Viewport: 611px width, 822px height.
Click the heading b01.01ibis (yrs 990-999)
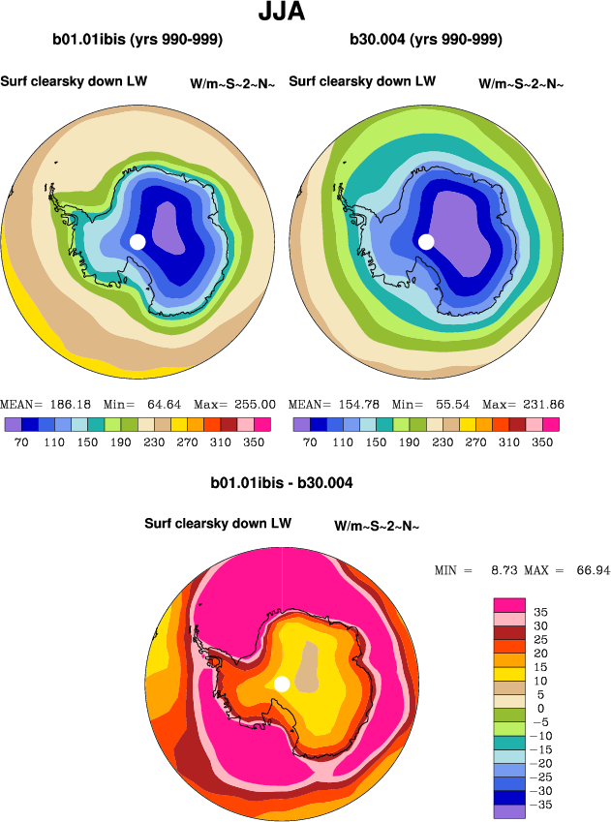[x=137, y=41]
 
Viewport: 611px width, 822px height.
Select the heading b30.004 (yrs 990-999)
[x=425, y=41]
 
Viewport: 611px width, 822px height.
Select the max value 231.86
[x=542, y=404]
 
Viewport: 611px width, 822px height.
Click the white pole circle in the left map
[x=137, y=241]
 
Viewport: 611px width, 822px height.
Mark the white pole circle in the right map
[x=426, y=241]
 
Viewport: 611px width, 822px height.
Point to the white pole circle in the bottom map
[x=282, y=684]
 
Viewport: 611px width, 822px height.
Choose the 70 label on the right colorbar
[x=310, y=440]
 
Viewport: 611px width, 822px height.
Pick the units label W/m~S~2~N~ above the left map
[x=233, y=84]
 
